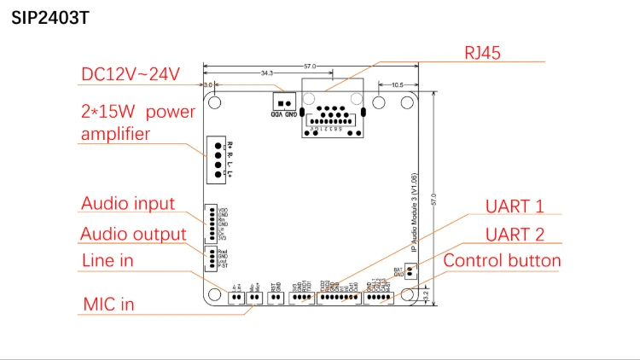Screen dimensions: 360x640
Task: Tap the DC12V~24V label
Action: pyautogui.click(x=131, y=74)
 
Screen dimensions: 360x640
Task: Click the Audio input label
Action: pyautogui.click(x=127, y=204)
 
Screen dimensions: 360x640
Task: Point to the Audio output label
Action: pyautogui.click(x=133, y=234)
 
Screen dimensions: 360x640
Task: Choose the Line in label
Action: pyautogui.click(x=107, y=261)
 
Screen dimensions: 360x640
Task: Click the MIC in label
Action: pyautogui.click(x=108, y=304)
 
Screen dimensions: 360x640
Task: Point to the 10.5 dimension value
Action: pyautogui.click(x=398, y=85)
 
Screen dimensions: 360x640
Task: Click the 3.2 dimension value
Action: pyautogui.click(x=426, y=295)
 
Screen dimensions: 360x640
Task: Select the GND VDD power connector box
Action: pyautogui.click(x=284, y=100)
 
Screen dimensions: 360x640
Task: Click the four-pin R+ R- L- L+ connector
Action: pyautogui.click(x=218, y=160)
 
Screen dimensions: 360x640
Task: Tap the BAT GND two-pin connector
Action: pyautogui.click(x=410, y=272)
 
